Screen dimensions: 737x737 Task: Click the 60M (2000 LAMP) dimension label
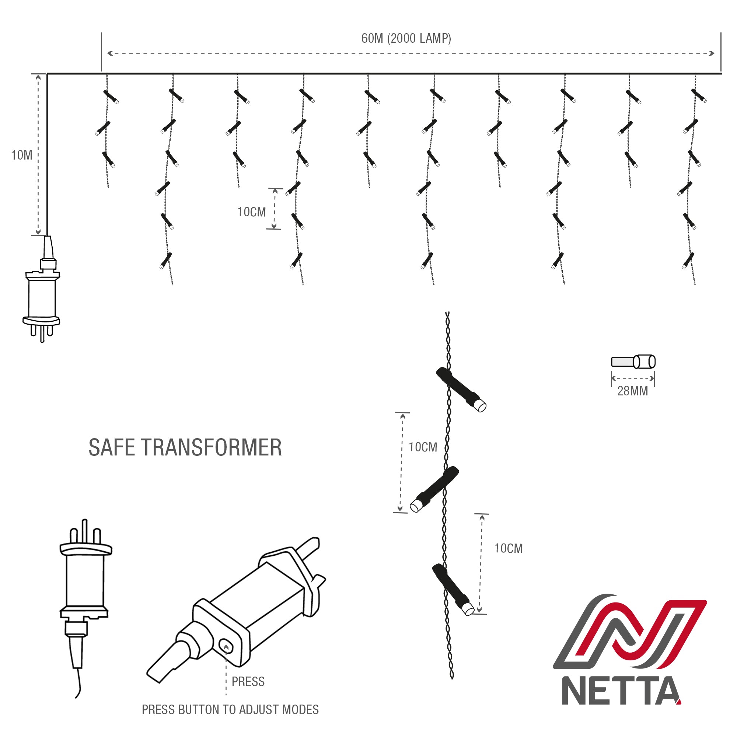click(x=406, y=39)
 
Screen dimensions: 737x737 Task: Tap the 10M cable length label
click(x=22, y=155)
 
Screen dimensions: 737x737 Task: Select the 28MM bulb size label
click(x=632, y=391)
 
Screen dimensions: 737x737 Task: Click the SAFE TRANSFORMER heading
click(x=185, y=447)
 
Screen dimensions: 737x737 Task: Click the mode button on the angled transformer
click(x=226, y=646)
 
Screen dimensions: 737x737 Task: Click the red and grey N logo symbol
click(x=629, y=632)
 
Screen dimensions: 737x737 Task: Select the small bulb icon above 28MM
click(x=633, y=361)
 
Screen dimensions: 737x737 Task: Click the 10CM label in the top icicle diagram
click(x=251, y=212)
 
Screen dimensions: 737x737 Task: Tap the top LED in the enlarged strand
click(x=461, y=390)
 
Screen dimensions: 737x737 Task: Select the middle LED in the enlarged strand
click(x=434, y=489)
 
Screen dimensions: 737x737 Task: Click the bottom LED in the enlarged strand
click(x=453, y=589)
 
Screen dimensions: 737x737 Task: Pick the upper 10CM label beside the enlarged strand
click(x=423, y=447)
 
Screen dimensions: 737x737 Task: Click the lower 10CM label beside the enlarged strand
click(x=508, y=549)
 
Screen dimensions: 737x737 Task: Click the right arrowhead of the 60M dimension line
click(x=712, y=53)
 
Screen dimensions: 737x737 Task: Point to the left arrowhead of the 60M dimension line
click(x=110, y=53)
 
